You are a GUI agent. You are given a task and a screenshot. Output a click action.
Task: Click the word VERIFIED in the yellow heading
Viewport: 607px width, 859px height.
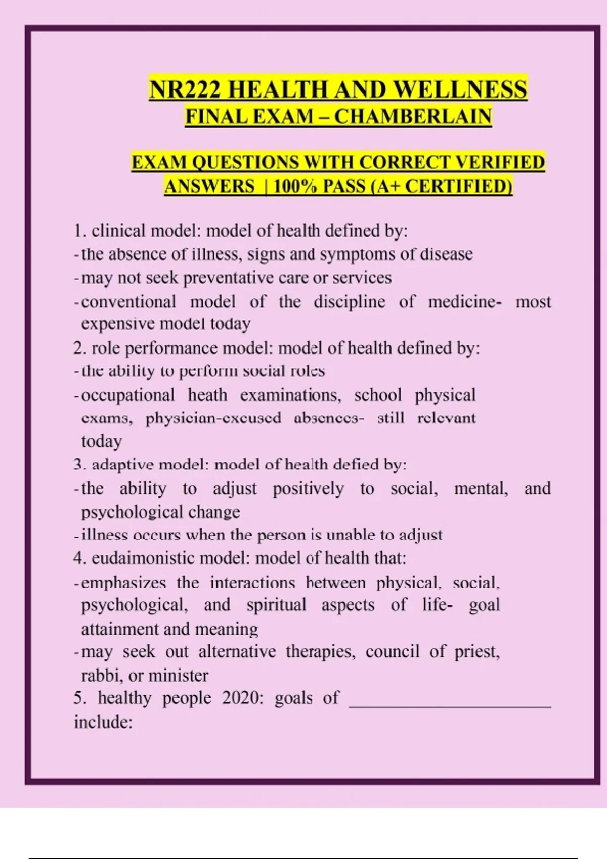(500, 162)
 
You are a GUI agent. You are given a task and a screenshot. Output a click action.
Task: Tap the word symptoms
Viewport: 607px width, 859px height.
(357, 254)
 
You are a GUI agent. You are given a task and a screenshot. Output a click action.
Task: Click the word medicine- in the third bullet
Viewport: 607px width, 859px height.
(465, 302)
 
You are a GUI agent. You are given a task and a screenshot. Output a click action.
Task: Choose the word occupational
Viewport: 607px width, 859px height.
(128, 395)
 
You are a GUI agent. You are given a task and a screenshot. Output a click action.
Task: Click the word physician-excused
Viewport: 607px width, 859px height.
(213, 418)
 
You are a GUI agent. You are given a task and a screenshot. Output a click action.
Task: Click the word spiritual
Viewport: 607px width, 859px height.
(276, 605)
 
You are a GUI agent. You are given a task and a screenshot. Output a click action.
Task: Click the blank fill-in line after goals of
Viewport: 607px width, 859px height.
(450, 705)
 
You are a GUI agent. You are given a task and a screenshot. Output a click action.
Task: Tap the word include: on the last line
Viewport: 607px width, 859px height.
(103, 722)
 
